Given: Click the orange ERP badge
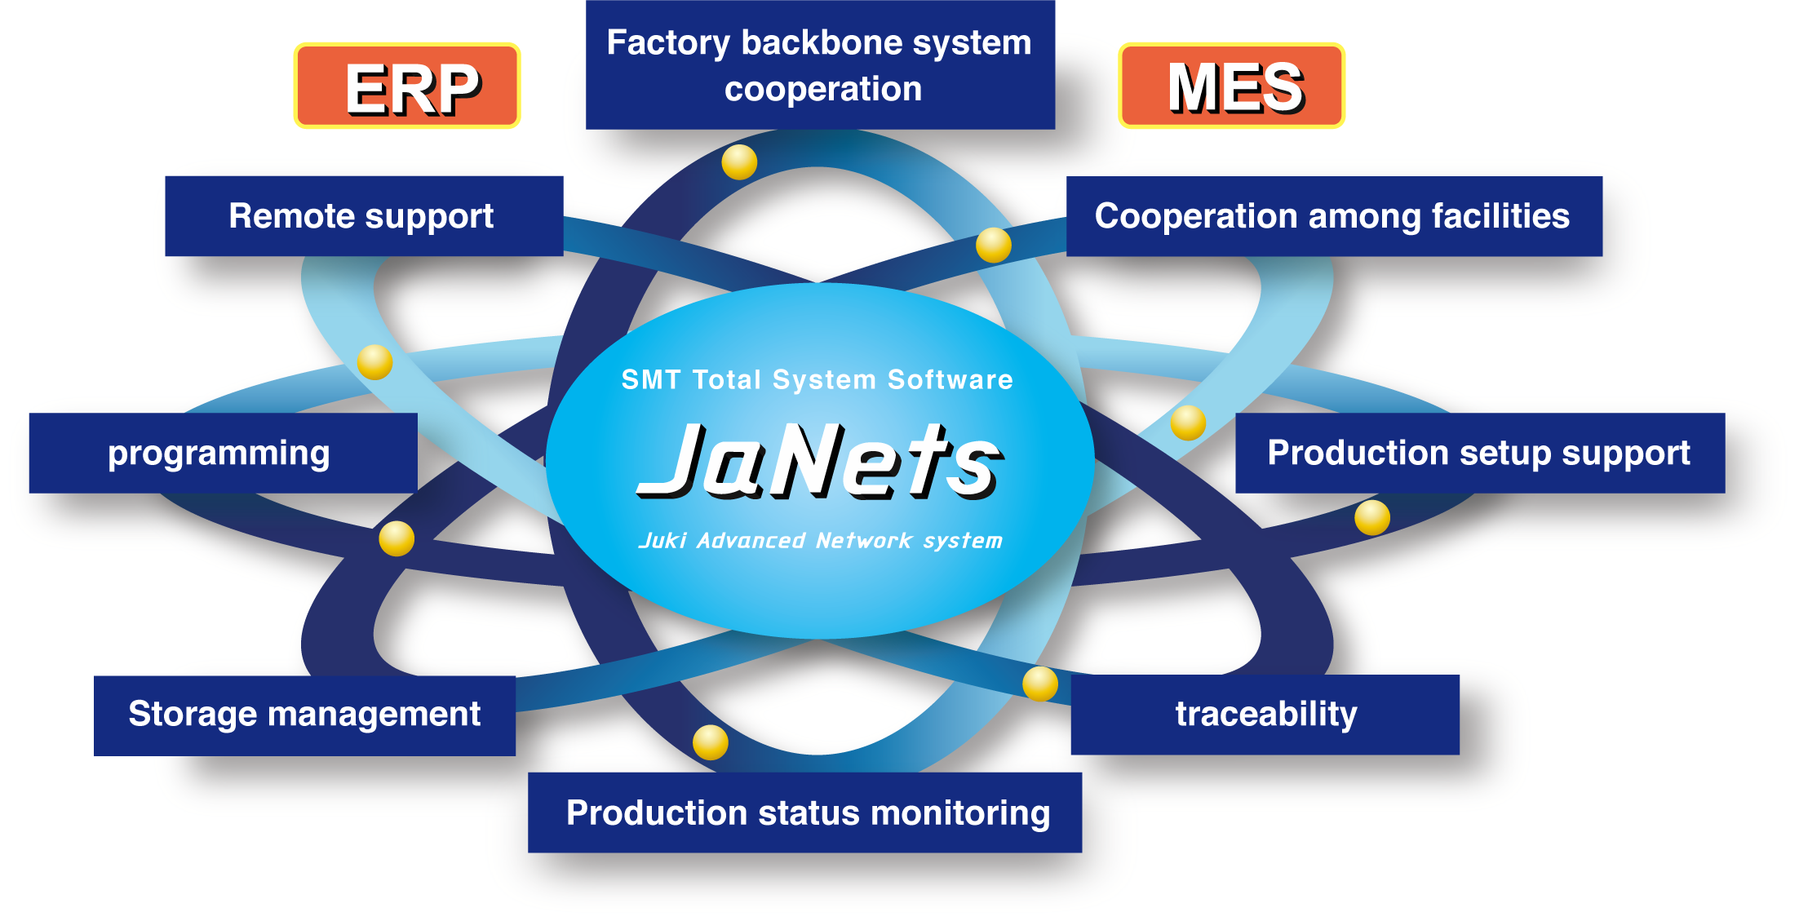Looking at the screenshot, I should coord(407,86).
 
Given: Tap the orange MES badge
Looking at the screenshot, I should coord(1231,86).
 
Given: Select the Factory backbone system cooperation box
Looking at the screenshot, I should coord(820,65).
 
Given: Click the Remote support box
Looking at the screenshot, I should coord(364,216).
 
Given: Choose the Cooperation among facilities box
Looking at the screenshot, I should coord(1333,216).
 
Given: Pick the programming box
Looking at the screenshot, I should coord(223,453).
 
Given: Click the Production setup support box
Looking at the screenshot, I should coord(1479,453).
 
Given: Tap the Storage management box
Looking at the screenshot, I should coord(304,715).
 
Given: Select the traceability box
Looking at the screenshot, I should coord(1265,714).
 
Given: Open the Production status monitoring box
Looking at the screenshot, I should coord(804,813).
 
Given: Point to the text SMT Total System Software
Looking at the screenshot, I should coord(817,379).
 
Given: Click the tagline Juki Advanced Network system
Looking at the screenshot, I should coord(820,540).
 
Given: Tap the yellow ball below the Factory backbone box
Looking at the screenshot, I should coord(739,162).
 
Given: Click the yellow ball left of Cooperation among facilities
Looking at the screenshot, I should coord(994,245).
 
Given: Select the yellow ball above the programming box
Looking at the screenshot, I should coord(374,361).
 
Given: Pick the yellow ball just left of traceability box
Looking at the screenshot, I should coord(1040,684).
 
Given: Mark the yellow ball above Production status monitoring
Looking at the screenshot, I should coord(711,742).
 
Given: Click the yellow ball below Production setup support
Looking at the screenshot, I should coord(1372,517).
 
